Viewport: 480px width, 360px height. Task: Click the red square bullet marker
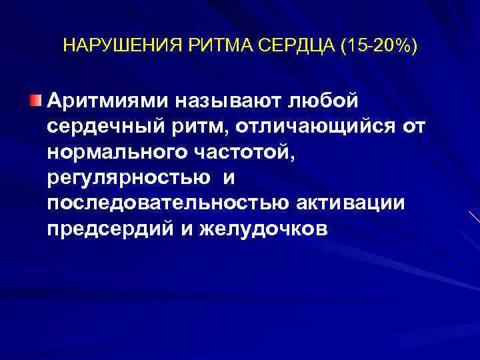[35, 100]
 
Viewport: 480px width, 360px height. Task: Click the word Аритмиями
[108, 101]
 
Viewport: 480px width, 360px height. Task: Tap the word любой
[323, 101]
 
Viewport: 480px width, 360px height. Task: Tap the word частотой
[241, 152]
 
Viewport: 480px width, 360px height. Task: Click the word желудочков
[262, 229]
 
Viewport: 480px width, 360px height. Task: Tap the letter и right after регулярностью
[227, 178]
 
